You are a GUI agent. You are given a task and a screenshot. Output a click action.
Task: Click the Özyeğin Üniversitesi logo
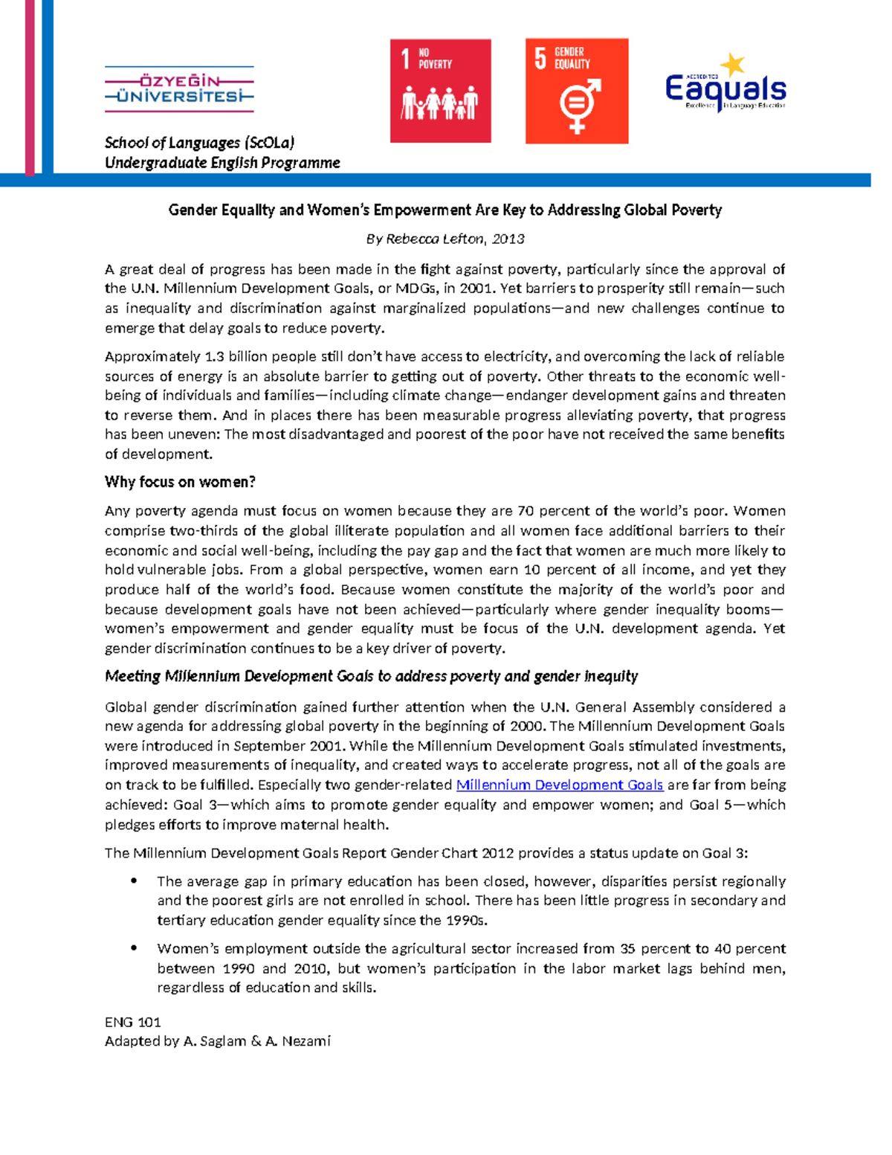pyautogui.click(x=179, y=89)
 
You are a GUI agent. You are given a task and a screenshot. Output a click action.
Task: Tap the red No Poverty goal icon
pyautogui.click(x=440, y=91)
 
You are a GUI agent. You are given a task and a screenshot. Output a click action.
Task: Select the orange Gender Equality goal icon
pyautogui.click(x=577, y=91)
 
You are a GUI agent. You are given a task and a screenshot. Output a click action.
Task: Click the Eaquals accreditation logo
pyautogui.click(x=725, y=86)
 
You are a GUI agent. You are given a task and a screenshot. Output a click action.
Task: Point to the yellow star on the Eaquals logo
pyautogui.click(x=733, y=65)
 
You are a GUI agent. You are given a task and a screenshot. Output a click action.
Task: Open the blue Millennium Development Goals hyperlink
pyautogui.click(x=559, y=785)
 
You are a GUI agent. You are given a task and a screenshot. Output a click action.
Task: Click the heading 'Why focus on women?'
pyautogui.click(x=180, y=482)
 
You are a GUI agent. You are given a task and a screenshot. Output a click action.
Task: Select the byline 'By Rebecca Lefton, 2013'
pyautogui.click(x=445, y=239)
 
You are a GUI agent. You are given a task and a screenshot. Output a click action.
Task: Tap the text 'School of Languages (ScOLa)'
pyautogui.click(x=199, y=142)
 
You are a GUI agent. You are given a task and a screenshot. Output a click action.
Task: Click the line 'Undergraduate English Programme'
pyautogui.click(x=222, y=162)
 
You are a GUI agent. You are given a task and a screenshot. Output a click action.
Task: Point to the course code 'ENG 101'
pyautogui.click(x=133, y=1022)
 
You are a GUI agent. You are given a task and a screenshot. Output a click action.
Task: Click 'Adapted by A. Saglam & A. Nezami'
pyautogui.click(x=217, y=1041)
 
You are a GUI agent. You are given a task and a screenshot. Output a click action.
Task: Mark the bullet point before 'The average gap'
pyautogui.click(x=135, y=881)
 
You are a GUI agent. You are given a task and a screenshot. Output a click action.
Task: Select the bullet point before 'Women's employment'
pyautogui.click(x=135, y=948)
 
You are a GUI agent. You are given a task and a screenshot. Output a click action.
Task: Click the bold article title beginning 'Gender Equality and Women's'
pyautogui.click(x=445, y=210)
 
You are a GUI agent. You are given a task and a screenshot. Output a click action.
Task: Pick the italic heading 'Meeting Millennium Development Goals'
pyautogui.click(x=371, y=676)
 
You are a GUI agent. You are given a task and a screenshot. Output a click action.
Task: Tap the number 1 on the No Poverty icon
pyautogui.click(x=405, y=59)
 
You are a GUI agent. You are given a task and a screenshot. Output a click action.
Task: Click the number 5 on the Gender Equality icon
pyautogui.click(x=540, y=58)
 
